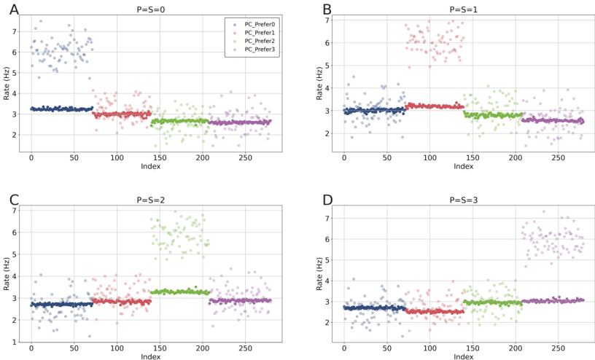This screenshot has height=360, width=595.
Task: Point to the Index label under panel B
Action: [x=464, y=167]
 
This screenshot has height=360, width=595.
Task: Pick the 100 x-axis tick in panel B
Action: [x=429, y=157]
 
